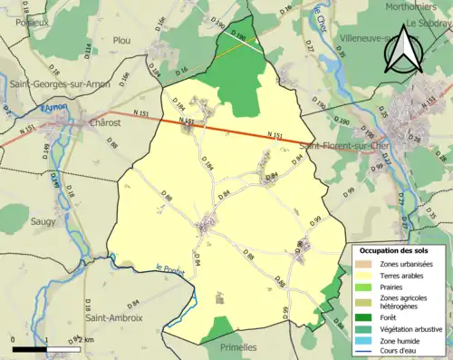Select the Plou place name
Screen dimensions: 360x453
(x=121, y=40)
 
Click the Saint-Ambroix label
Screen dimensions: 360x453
(x=113, y=318)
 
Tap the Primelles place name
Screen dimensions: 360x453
(x=236, y=347)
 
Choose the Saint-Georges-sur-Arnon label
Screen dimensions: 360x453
(x=55, y=83)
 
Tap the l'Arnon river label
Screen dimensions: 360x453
(x=53, y=107)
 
